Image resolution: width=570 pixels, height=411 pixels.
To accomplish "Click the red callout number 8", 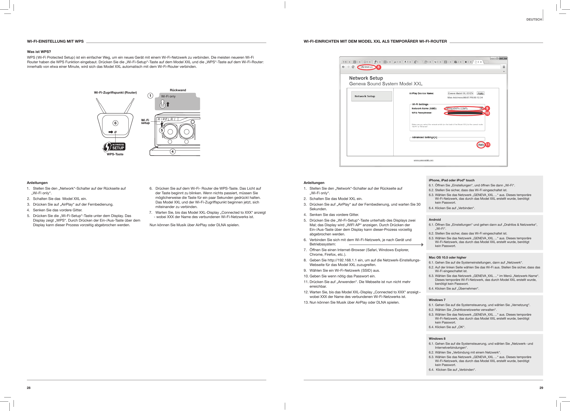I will click(x=378, y=67).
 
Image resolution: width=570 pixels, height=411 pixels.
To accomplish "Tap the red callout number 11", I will click(x=488, y=145).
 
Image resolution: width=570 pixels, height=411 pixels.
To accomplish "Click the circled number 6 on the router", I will click(x=115, y=123).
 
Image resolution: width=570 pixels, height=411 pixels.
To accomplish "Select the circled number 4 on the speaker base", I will click(x=172, y=152).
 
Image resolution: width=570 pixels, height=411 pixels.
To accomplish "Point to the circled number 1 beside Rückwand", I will click(x=150, y=96).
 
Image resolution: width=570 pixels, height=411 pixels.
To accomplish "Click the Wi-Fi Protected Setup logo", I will click(x=114, y=147).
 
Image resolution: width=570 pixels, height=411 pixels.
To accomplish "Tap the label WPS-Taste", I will click(x=115, y=154).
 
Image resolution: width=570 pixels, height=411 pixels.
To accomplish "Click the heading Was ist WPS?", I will click(x=39, y=52).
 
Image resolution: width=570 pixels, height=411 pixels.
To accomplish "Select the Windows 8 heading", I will click(x=437, y=338).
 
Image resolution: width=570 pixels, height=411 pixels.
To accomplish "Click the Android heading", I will click(x=435, y=220).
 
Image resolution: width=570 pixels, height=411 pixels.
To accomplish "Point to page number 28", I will click(x=29, y=388).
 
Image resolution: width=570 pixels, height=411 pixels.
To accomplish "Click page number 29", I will click(x=541, y=388).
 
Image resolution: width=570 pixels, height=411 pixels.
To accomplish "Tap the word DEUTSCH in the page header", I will click(x=534, y=19).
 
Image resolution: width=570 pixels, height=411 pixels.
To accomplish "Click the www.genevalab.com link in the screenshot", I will click(x=423, y=160).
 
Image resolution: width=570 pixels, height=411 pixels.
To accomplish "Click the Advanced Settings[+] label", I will click(x=424, y=137).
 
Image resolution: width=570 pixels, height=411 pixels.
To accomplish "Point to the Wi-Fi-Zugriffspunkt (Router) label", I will click(x=115, y=93).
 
